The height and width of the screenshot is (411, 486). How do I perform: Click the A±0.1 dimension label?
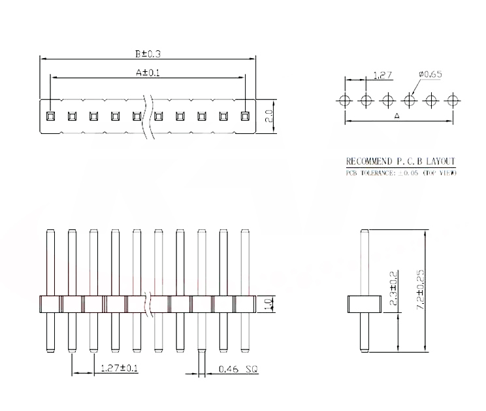point(148,73)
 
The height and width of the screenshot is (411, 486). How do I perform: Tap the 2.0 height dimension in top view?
point(269,117)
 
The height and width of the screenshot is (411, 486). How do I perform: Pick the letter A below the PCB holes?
point(398,116)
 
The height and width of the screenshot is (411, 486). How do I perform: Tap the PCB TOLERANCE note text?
point(400,173)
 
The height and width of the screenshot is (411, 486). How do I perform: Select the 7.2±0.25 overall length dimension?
point(421,291)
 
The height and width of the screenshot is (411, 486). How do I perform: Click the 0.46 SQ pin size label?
point(236,369)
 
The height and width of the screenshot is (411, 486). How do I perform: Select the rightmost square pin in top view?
point(245,117)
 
